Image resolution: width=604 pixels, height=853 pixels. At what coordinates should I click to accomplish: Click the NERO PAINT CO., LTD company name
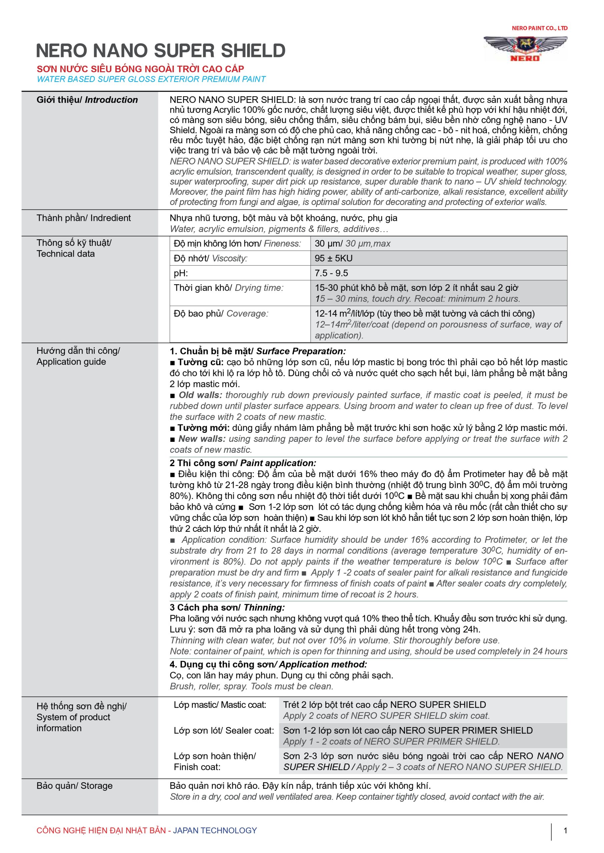(x=539, y=28)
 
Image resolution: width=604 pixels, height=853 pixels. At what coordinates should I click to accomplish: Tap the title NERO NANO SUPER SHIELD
(x=161, y=51)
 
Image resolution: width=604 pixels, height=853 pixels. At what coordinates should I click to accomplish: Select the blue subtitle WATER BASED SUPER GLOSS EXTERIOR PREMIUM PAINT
(x=151, y=79)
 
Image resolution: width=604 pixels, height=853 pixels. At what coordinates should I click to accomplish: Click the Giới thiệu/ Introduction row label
(x=87, y=100)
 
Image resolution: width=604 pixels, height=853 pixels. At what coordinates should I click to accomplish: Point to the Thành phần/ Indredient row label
(x=83, y=218)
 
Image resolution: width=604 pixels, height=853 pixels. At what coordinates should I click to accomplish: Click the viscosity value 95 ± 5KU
(x=333, y=258)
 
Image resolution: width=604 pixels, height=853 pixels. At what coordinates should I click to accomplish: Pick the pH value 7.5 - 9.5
(x=331, y=273)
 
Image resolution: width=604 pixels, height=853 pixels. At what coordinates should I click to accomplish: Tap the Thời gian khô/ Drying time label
(x=228, y=288)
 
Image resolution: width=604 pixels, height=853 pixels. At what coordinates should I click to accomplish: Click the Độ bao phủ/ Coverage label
(x=220, y=314)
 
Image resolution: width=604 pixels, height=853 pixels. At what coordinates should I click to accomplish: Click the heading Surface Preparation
(x=301, y=351)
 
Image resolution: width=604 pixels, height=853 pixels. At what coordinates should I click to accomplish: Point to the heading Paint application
(x=278, y=463)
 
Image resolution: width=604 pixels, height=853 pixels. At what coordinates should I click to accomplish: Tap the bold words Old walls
(x=200, y=395)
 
